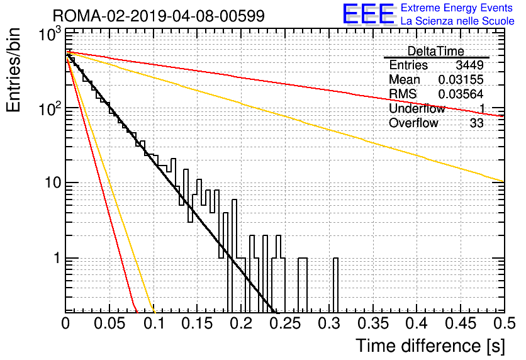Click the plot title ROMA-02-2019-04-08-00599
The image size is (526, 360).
pyautogui.click(x=159, y=16)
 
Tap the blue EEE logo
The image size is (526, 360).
pyautogui.click(x=368, y=14)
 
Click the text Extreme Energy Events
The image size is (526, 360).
pyautogui.click(x=457, y=8)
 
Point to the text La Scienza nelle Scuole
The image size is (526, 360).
pyautogui.click(x=457, y=21)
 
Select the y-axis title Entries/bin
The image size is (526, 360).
pyautogui.click(x=13, y=70)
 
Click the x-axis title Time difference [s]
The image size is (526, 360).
pyautogui.click(x=430, y=346)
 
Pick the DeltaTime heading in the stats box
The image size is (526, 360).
pyautogui.click(x=435, y=51)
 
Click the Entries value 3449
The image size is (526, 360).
pyautogui.click(x=469, y=65)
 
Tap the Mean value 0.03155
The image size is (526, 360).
pyautogui.click(x=461, y=79)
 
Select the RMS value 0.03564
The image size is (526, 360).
pyautogui.click(x=461, y=94)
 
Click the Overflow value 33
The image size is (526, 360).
pyautogui.click(x=476, y=123)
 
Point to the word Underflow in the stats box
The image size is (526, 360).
pyautogui.click(x=417, y=108)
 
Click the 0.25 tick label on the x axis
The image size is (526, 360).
pyautogui.click(x=285, y=323)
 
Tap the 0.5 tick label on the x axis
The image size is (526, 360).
pyautogui.click(x=505, y=323)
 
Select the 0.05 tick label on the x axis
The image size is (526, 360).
pyautogui.click(x=109, y=323)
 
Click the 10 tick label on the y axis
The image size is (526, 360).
pyautogui.click(x=53, y=183)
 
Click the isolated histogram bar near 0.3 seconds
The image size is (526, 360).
pyautogui.click(x=335, y=285)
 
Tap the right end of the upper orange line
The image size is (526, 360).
pyautogui.click(x=504, y=181)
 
